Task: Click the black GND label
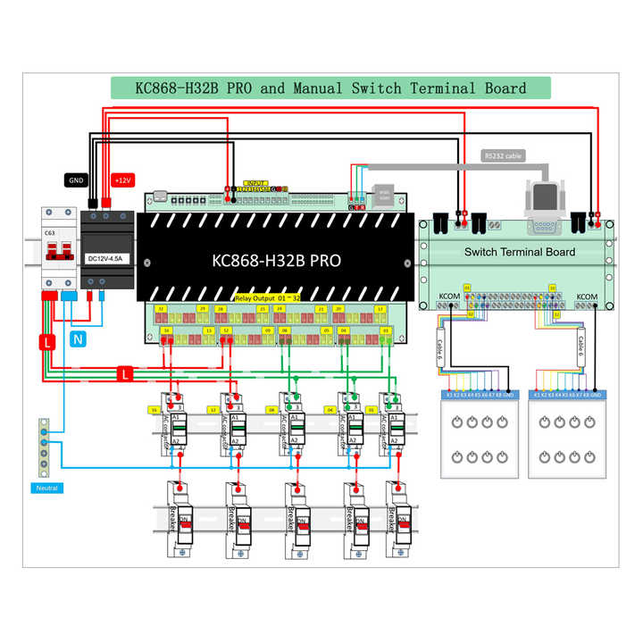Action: (x=75, y=180)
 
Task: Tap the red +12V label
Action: (x=122, y=180)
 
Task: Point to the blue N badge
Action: (x=78, y=339)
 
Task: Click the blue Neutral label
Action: (x=46, y=488)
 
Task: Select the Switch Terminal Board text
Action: (x=520, y=252)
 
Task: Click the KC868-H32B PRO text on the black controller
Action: (x=276, y=262)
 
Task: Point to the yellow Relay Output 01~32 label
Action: (x=266, y=296)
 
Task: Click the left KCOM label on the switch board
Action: (x=447, y=296)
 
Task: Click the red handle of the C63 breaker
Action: (x=55, y=255)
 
